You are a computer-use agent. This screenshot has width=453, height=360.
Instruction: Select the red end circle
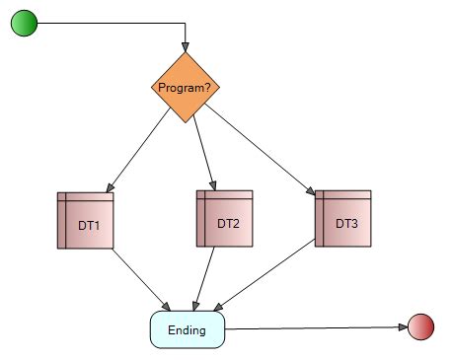coord(420,326)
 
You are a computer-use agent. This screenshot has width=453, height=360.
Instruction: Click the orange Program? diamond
coord(186,87)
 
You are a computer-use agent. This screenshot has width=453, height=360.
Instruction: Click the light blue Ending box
coord(188,329)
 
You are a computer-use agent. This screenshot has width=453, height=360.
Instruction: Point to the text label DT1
coord(89,225)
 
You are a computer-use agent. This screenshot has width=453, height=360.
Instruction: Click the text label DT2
coord(228,223)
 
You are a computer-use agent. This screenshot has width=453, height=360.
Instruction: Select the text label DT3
coord(346,223)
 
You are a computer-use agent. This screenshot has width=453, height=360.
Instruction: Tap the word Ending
coord(188,329)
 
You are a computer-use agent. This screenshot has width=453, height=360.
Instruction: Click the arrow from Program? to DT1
coord(138,150)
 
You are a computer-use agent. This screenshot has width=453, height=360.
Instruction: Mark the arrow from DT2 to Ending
coord(207,277)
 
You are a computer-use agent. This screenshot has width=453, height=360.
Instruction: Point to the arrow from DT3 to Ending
coord(266,277)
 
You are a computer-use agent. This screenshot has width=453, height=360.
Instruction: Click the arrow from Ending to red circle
coord(316,327)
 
